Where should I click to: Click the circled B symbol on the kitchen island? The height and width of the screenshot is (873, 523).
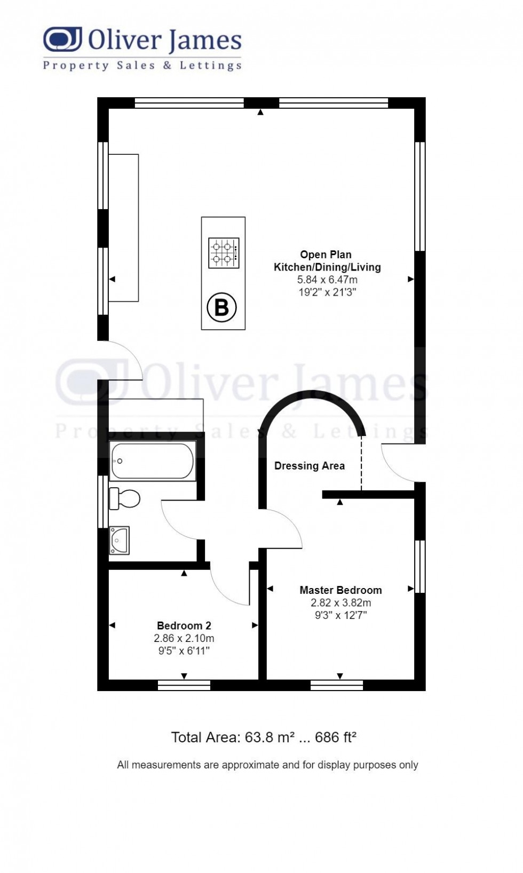coord(221,307)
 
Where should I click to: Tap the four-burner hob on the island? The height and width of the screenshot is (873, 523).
coord(224,253)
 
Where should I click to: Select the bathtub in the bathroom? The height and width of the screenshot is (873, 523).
coord(152,461)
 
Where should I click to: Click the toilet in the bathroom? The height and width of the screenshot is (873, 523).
coord(125,499)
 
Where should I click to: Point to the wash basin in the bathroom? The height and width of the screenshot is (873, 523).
coord(119,540)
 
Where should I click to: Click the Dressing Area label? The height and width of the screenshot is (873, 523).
coord(309,466)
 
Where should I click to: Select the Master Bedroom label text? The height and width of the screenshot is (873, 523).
coord(340,590)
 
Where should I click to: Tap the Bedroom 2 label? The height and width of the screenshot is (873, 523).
coord(184,625)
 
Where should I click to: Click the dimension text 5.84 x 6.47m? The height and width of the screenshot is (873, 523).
coord(327,280)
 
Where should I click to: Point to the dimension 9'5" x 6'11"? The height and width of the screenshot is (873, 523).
coord(184,650)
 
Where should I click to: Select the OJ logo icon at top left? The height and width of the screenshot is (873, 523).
coord(62,39)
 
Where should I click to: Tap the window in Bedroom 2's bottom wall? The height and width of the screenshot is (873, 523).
coord(184,685)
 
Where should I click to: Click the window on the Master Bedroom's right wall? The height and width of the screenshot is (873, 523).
coord(420,567)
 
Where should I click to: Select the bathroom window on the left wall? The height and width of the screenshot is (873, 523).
coord(103,502)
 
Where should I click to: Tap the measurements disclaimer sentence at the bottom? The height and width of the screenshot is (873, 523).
coord(267,765)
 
